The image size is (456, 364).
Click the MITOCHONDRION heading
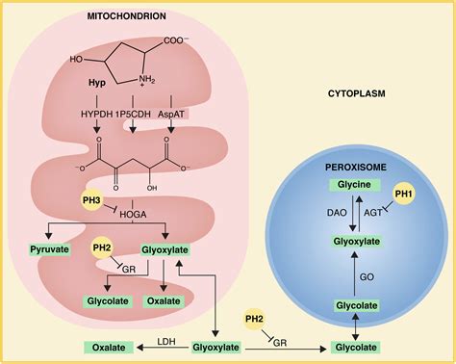pos(127,16)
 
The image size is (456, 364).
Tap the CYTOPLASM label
pos(357,93)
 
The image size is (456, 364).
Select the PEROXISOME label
pos(356,168)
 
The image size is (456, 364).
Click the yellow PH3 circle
pos(91,200)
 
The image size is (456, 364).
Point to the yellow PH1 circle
pos(404,194)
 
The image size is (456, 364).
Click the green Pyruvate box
pos(50,249)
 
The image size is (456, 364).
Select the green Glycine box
pos(354,185)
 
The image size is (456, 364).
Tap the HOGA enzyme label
pos(133,215)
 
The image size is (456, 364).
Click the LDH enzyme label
pos(166,341)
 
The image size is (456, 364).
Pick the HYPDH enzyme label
pos(97,114)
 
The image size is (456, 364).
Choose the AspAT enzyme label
pos(171,114)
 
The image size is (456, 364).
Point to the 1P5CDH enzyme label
pos(133,114)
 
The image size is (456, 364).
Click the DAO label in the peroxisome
pos(337,213)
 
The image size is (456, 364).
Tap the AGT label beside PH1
pos(373,213)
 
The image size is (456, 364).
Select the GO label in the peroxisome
pos(367,276)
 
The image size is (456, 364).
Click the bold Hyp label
pos(97,83)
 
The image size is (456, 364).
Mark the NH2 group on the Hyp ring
pos(146,79)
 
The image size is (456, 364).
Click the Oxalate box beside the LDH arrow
pos(109,348)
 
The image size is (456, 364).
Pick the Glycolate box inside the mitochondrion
pos(108,301)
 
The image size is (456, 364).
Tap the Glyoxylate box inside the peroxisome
pos(357,242)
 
